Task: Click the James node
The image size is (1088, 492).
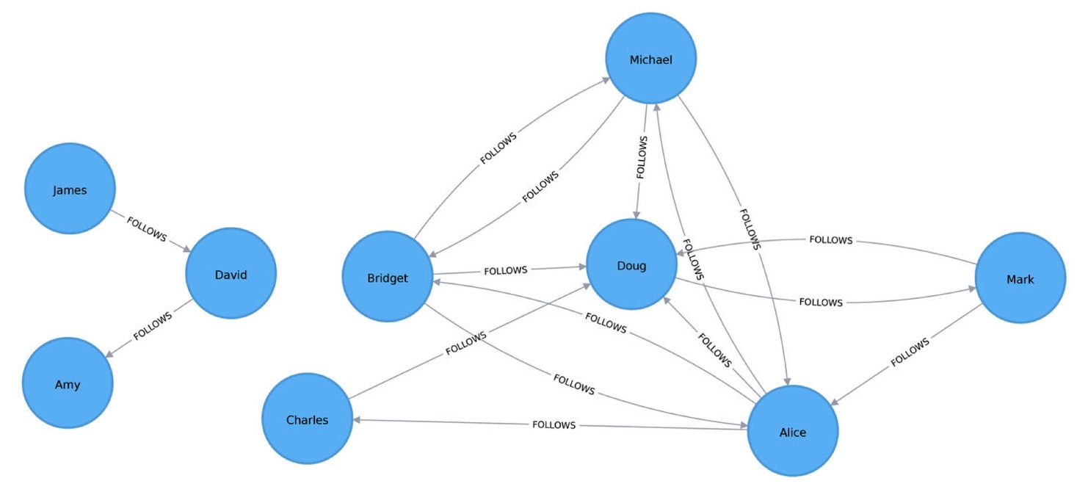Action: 70,189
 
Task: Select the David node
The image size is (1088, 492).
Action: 231,275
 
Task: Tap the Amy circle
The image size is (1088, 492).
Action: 68,384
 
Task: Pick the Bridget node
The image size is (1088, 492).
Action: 387,278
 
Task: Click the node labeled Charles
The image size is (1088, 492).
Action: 307,420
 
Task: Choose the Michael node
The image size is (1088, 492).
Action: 650,59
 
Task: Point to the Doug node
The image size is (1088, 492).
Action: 631,265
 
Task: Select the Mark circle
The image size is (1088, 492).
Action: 1020,279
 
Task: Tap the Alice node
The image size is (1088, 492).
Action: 792,432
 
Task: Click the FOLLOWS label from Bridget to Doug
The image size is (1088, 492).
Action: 506,270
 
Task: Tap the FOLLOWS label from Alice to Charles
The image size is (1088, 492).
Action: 554,424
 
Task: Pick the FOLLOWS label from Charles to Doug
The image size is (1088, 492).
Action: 465,344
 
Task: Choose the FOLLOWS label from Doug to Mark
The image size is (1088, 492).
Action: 821,302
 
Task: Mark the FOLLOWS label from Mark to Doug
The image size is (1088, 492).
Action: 830,240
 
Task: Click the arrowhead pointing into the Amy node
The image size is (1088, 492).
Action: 108,356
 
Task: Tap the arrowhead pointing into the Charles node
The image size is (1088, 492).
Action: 356,420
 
